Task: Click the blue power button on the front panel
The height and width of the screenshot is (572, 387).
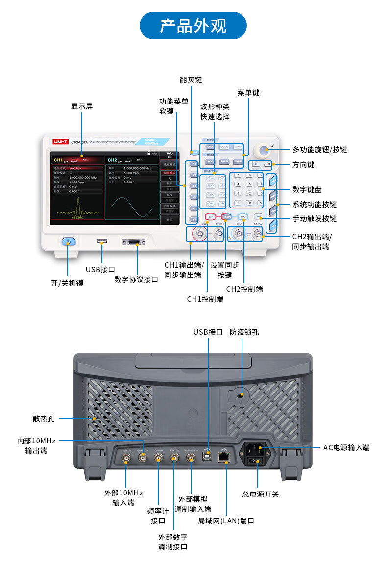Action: point(68,241)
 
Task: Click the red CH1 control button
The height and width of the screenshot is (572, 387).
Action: point(211,216)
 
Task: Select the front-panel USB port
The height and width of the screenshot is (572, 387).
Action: point(102,241)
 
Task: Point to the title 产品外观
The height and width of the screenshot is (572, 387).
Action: point(193,26)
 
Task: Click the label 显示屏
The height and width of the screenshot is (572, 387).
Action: point(82,106)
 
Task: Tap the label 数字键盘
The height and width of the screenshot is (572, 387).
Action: point(307,189)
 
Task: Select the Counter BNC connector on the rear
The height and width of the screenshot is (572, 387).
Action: point(159,457)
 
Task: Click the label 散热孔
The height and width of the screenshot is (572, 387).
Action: point(44,418)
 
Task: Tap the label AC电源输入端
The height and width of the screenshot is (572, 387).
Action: point(346,447)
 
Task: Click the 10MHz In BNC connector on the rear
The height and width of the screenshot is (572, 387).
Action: point(126,458)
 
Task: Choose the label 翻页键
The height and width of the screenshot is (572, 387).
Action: point(191,79)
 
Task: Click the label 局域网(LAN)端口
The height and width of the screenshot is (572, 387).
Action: point(226,520)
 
